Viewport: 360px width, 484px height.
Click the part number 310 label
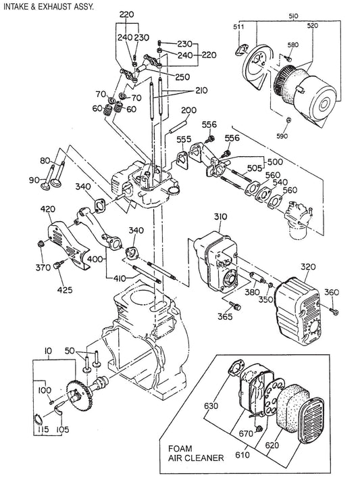220,217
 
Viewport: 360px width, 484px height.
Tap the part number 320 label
308,267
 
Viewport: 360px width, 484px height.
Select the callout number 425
65,290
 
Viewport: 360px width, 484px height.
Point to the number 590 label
282,136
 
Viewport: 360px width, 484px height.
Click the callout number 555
184,139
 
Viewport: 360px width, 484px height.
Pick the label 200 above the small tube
189,110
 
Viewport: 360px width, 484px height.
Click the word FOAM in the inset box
180,448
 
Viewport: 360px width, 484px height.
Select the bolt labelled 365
236,306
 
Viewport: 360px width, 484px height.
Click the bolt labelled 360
334,311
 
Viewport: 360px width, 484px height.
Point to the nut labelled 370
41,244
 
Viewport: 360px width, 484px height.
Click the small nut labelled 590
288,120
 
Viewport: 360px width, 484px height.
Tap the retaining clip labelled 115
38,418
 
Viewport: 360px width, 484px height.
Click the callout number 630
211,406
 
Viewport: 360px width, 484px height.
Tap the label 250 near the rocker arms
182,77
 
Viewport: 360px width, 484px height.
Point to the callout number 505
255,168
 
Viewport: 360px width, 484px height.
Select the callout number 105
63,429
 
